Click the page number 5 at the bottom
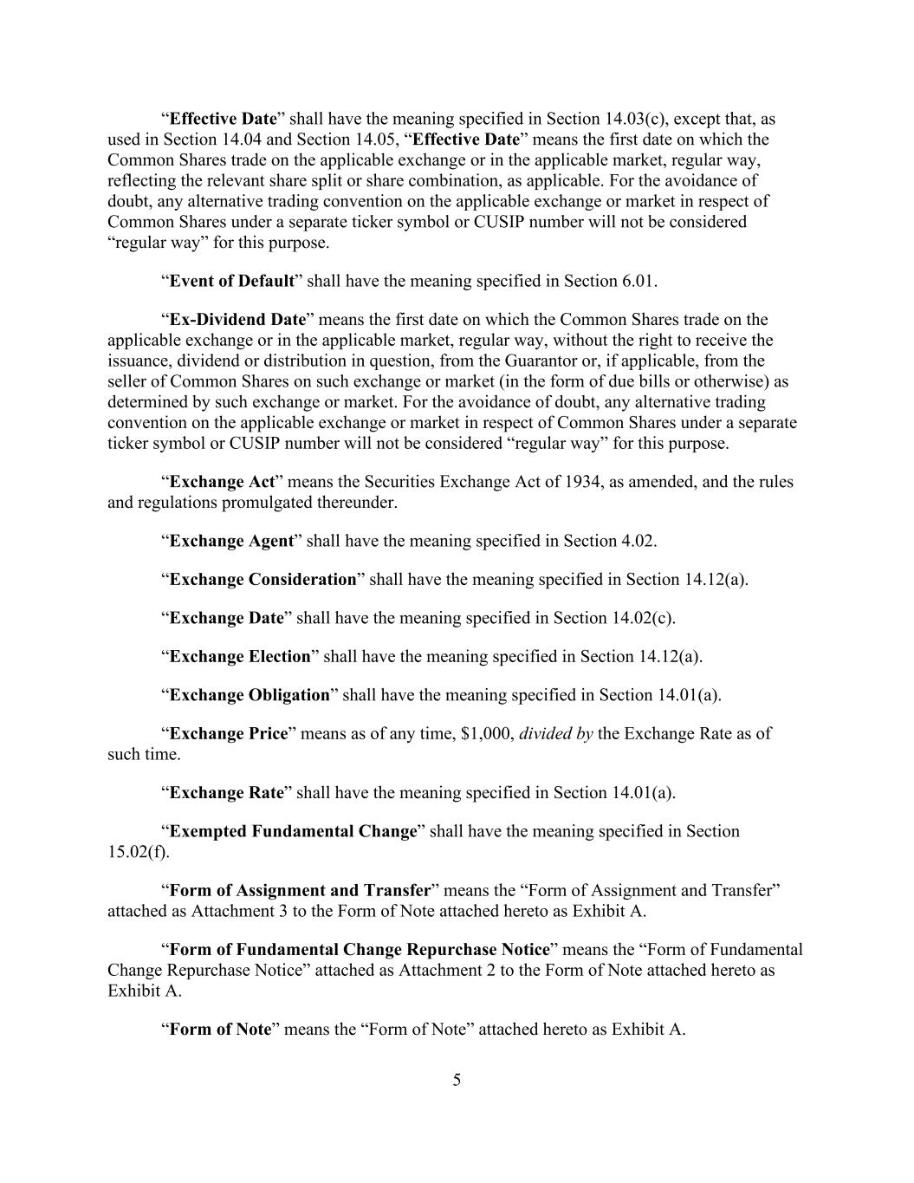(457, 1080)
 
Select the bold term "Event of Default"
(231, 281)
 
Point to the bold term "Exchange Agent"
(231, 541)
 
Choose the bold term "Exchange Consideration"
(263, 579)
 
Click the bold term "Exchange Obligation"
(250, 695)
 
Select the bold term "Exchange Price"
(228, 733)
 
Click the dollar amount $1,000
(487, 733)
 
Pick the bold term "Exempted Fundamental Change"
(293, 831)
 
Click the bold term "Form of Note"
(220, 1030)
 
